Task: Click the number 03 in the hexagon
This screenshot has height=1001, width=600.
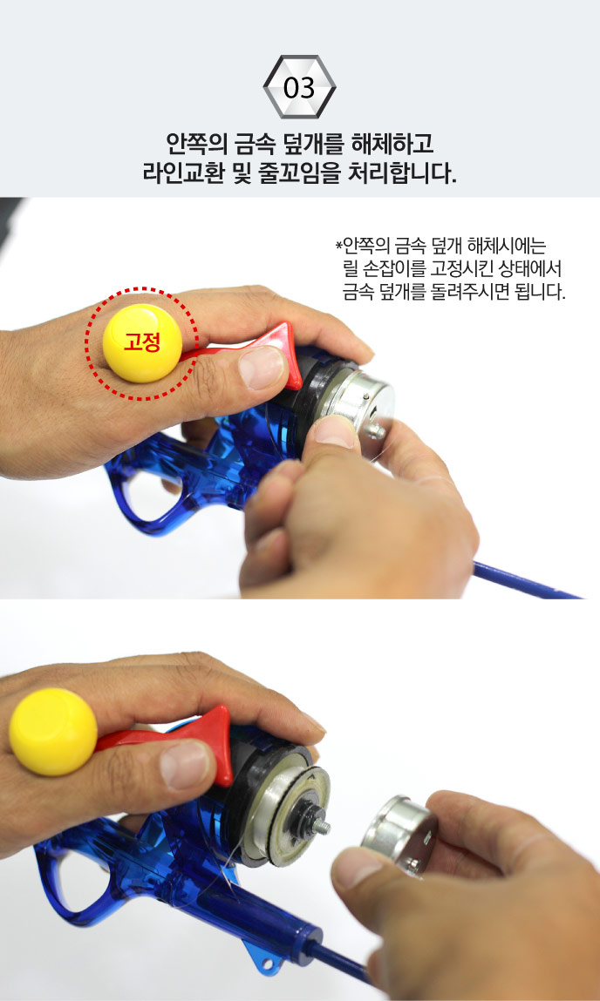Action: pyautogui.click(x=299, y=88)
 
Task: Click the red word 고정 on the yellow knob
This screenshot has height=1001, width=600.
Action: pyautogui.click(x=142, y=345)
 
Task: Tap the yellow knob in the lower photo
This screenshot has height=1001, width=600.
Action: pyautogui.click(x=53, y=732)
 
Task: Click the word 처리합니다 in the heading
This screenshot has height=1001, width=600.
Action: pyautogui.click(x=402, y=173)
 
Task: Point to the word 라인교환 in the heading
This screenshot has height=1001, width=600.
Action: pyautogui.click(x=183, y=173)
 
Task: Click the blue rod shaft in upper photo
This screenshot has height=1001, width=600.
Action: pyautogui.click(x=525, y=580)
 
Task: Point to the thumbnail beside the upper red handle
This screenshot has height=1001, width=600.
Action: pyautogui.click(x=261, y=367)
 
